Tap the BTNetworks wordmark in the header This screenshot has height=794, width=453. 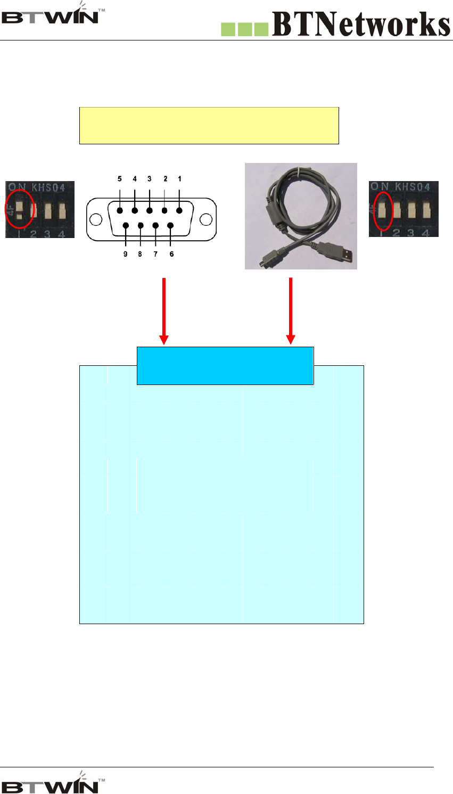[x=361, y=24]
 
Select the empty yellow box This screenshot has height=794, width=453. [x=209, y=125]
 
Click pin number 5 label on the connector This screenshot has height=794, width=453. [x=120, y=179]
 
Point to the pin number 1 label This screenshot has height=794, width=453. [x=180, y=179]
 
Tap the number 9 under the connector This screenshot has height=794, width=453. [x=126, y=254]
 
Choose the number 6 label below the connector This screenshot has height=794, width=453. [x=171, y=254]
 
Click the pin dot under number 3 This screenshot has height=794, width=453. [x=150, y=211]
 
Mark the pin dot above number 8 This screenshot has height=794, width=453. [x=141, y=225]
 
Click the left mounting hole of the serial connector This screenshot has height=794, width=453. [x=96, y=219]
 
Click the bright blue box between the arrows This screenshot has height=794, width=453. [x=225, y=365]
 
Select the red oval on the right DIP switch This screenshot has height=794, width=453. [x=383, y=211]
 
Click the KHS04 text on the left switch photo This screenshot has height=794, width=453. [x=48, y=187]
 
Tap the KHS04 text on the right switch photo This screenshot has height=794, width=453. [x=412, y=187]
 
